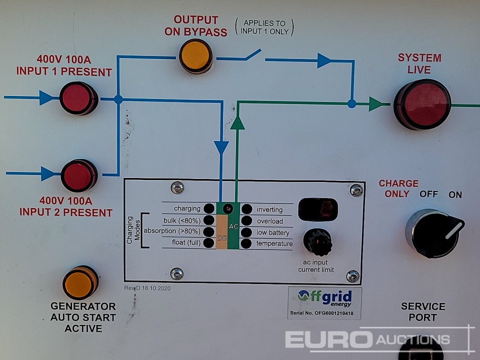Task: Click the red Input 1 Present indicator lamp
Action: coord(78,98)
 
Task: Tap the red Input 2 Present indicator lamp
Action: coord(79,175)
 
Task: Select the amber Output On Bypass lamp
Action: coord(195,56)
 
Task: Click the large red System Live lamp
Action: coord(422,104)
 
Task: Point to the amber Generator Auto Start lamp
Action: coord(80,283)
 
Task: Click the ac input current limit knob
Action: coord(317,242)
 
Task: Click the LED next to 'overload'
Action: coord(247,221)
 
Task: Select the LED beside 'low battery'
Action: coord(247,232)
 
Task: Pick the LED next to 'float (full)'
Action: coord(209,243)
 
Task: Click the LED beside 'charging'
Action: coord(209,209)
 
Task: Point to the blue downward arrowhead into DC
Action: coord(221,147)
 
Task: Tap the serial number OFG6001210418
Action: coord(324,313)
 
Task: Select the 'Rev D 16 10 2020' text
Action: coord(147,288)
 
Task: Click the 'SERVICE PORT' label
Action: coord(423,312)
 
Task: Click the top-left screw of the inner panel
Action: coord(178,187)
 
